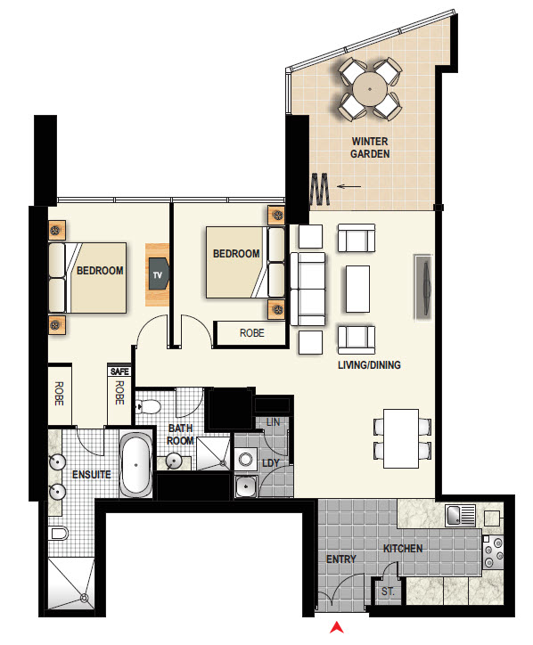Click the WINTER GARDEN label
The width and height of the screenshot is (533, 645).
(x=370, y=147)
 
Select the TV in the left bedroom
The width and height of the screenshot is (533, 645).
(x=159, y=274)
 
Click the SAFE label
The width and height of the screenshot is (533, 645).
(x=119, y=371)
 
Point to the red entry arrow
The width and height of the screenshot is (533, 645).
(x=336, y=628)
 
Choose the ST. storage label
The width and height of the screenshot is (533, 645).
(x=389, y=592)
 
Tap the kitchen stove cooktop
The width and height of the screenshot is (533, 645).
(x=493, y=551)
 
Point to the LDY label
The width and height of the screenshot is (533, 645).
(x=271, y=464)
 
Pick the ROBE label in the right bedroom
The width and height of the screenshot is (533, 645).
(x=251, y=333)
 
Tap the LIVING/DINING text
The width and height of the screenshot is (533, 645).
(x=368, y=365)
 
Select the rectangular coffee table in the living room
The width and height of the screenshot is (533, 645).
(x=357, y=289)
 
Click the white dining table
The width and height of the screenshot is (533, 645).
(x=401, y=437)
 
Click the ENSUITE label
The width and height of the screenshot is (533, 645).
(x=92, y=474)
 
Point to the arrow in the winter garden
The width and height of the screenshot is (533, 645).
(x=349, y=186)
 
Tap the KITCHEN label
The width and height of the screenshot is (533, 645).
(x=403, y=548)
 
